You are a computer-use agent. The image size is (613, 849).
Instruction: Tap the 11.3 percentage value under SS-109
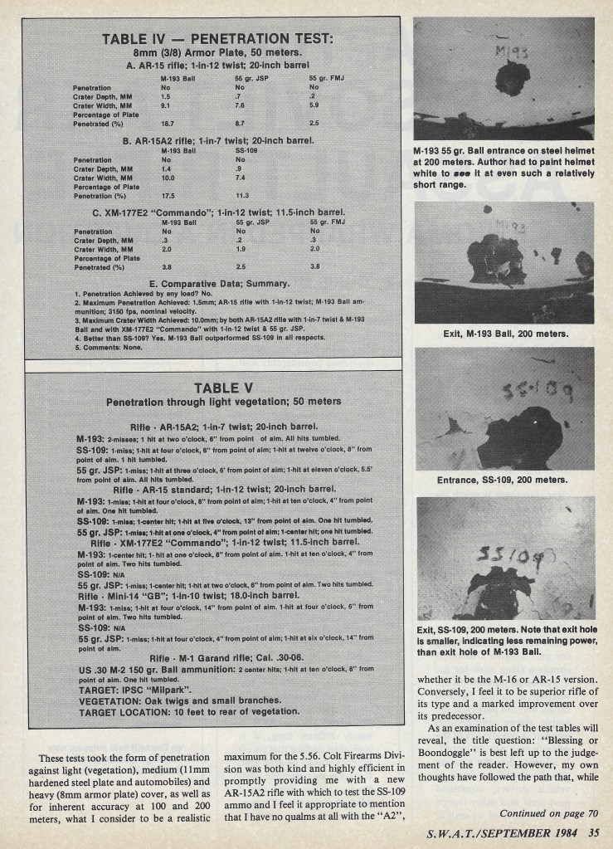[242, 196]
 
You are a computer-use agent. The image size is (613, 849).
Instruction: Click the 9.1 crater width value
[165, 105]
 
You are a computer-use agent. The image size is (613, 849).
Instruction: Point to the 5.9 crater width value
[314, 105]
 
